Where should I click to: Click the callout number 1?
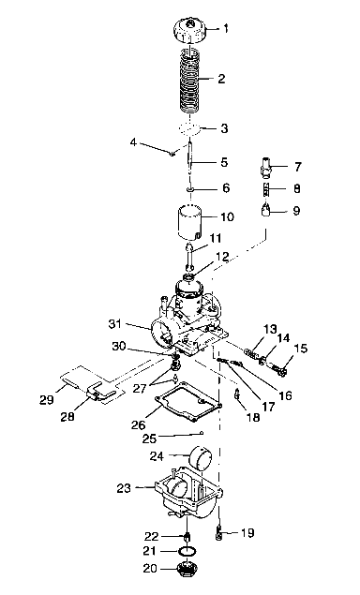(x=225, y=29)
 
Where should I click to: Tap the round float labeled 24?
(x=200, y=462)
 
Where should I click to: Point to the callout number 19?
(x=247, y=533)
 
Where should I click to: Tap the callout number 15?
(x=300, y=349)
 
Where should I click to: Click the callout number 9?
(x=296, y=211)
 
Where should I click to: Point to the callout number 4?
(x=133, y=142)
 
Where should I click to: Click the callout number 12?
(x=222, y=256)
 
